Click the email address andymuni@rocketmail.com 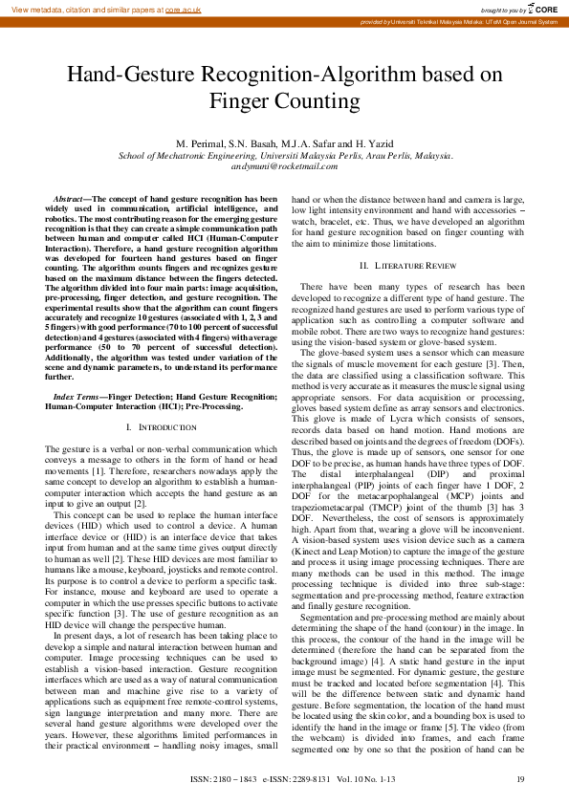[x=285, y=165]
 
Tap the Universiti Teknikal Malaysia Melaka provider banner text [x=459, y=22]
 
